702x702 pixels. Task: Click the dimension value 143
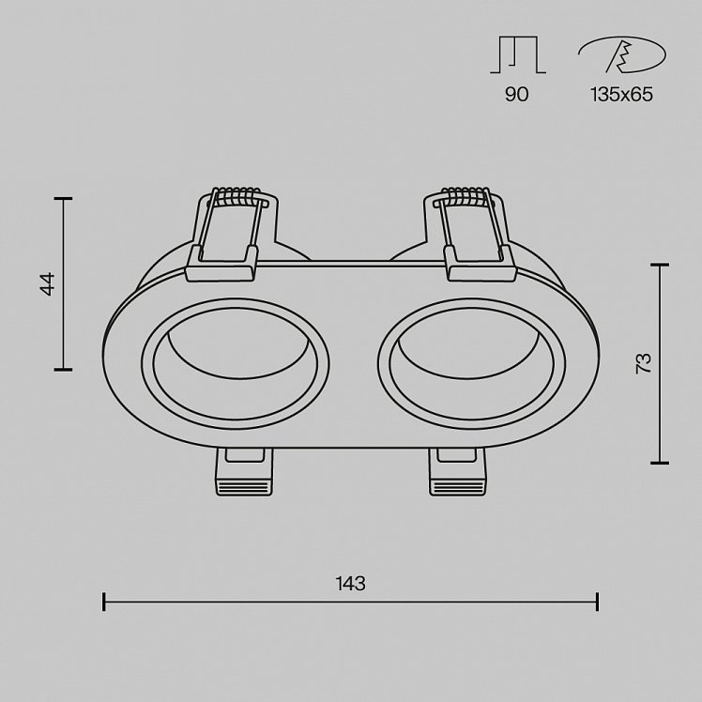(351, 584)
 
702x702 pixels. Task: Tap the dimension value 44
(48, 283)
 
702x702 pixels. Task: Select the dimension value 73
(644, 363)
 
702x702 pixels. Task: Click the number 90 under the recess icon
(517, 94)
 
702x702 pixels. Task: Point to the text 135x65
(622, 94)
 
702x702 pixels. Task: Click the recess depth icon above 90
(518, 54)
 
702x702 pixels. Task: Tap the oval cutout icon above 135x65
(622, 54)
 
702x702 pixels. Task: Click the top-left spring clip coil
(237, 195)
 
